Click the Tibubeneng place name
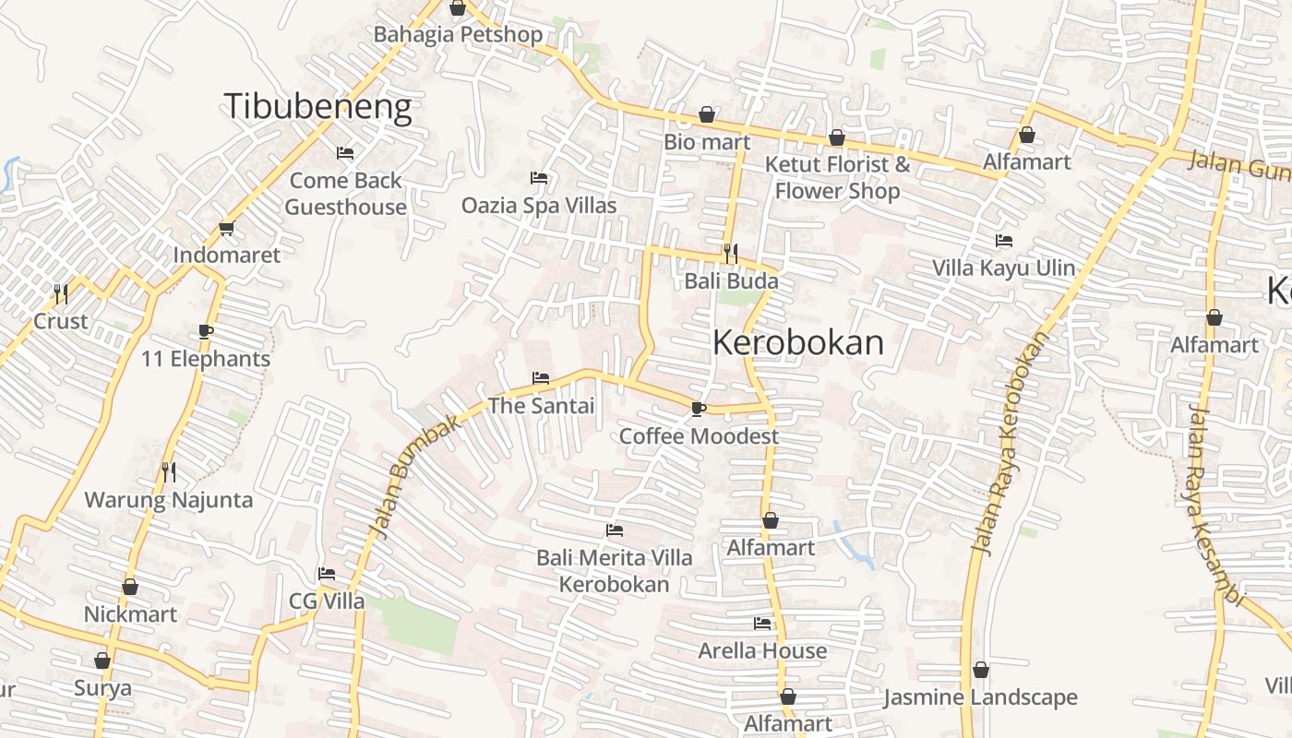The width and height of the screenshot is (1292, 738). [317, 107]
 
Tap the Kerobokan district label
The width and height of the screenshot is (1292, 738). [798, 342]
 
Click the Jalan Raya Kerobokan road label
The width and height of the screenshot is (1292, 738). [1010, 443]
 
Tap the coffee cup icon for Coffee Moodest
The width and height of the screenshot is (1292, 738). [699, 409]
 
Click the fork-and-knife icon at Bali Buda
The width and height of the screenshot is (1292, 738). [731, 253]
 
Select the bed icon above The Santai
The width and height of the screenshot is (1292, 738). [541, 378]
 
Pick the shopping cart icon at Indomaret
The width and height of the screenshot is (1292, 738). [226, 229]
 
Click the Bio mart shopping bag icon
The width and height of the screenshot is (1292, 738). [707, 114]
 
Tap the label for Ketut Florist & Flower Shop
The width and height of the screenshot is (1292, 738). [837, 177]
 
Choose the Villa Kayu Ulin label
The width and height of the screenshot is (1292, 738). [1003, 268]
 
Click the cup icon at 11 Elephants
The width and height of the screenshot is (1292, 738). [206, 332]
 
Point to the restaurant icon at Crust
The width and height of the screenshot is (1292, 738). [61, 294]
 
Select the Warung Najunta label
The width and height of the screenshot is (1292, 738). [169, 500]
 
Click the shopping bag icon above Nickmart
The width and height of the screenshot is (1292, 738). [130, 587]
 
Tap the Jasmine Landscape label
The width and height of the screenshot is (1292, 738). [980, 697]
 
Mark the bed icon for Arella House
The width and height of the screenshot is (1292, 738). [762, 624]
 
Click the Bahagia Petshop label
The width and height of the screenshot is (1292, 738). [458, 34]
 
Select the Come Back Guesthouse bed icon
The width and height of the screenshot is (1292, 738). [345, 152]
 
